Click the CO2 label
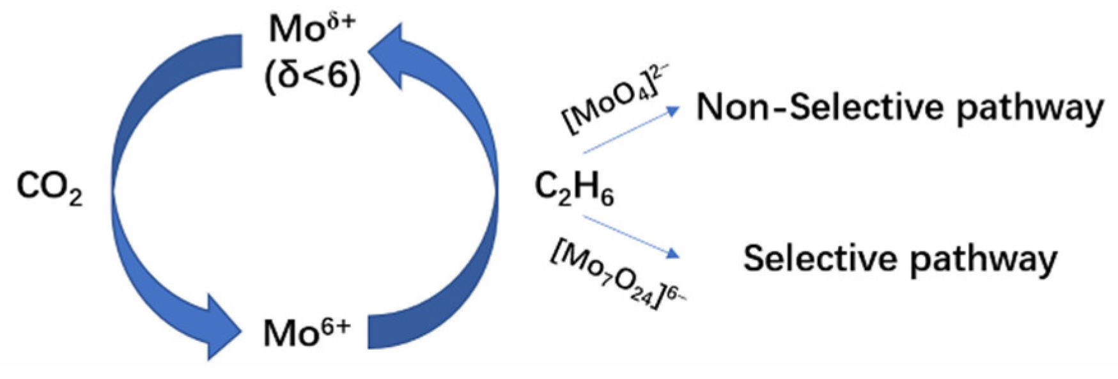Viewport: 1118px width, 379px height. tap(49, 189)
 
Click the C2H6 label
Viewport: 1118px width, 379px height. tap(573, 189)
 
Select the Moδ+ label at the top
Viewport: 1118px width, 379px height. tap(311, 29)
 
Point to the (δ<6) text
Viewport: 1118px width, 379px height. tap(313, 75)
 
